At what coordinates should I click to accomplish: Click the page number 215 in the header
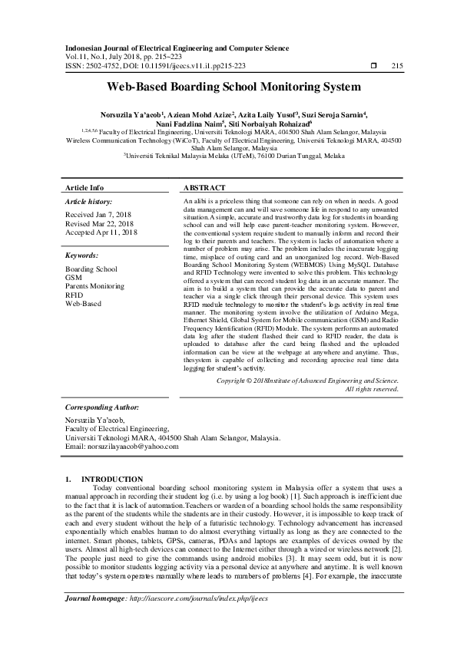point(397,66)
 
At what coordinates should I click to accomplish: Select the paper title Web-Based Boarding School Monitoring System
point(228,87)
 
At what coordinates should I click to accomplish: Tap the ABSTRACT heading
point(204,187)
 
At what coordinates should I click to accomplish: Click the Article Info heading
point(84,187)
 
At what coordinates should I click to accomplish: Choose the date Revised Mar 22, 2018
point(100,223)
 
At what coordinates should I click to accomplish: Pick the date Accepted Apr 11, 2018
point(101,232)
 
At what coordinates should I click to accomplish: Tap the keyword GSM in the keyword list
point(74,277)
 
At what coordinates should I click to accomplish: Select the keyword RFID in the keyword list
point(75,294)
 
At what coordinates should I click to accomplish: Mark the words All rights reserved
point(372,388)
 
